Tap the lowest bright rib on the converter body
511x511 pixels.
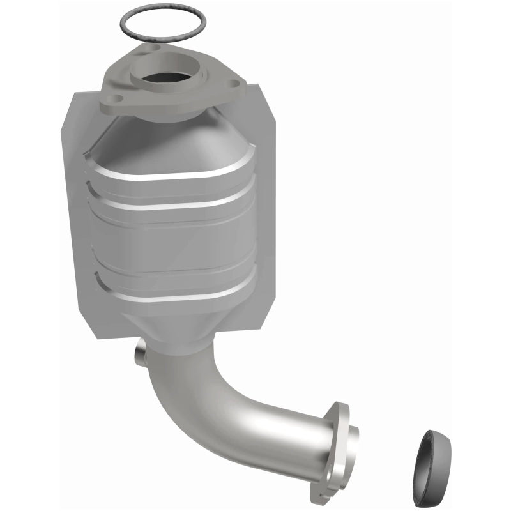pyautogui.click(x=176, y=298)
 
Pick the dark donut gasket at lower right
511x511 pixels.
pyautogui.click(x=432, y=455)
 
